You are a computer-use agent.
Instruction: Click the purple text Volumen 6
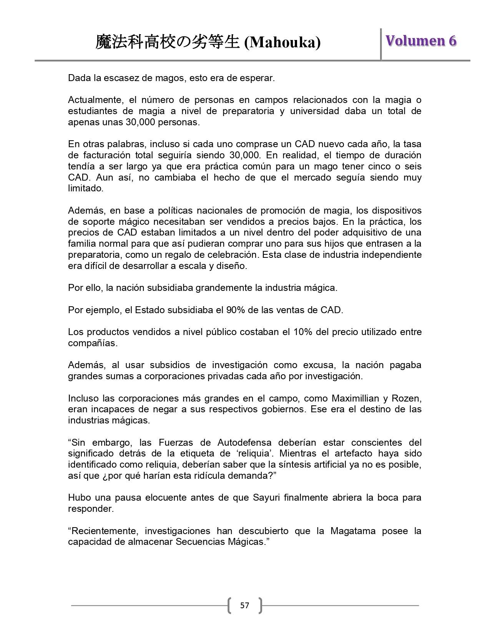click(x=421, y=41)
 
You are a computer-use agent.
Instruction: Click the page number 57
click(x=244, y=606)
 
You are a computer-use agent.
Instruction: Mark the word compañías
click(x=92, y=343)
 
